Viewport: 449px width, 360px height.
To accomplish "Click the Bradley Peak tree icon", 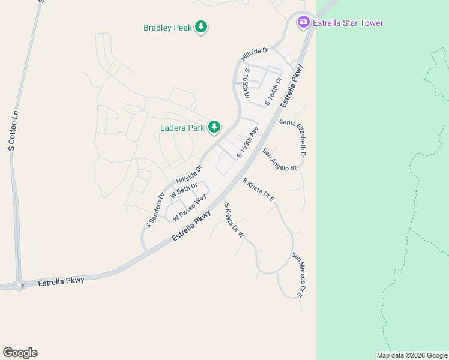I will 202,27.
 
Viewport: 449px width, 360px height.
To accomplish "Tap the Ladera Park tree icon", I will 214,127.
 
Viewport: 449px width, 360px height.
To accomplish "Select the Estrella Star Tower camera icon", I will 304,22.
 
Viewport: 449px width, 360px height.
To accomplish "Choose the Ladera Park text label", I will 182,127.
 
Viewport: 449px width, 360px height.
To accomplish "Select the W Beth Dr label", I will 184,190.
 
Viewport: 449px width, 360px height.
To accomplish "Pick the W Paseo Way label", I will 190,207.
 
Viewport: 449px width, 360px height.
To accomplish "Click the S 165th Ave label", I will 247,142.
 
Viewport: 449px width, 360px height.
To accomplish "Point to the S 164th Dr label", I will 273,92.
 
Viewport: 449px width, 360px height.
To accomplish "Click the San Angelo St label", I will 280,160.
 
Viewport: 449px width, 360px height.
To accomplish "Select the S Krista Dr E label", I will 259,190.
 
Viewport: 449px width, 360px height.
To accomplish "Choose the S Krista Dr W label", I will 234,221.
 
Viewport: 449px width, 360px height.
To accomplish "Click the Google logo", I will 20,353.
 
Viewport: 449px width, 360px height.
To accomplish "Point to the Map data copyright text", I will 411,355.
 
